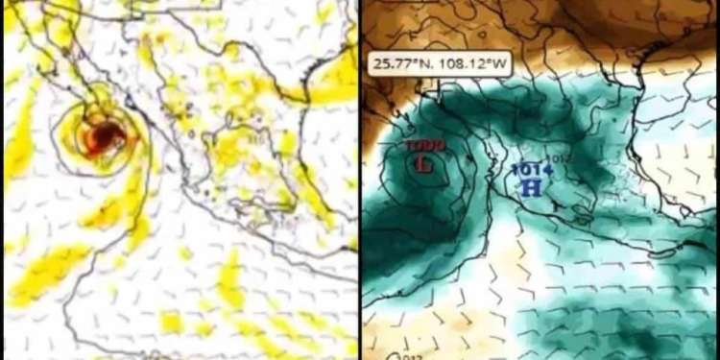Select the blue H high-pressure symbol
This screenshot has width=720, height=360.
point(527,186)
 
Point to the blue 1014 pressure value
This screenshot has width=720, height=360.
point(527,170)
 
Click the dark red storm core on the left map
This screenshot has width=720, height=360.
point(99,140)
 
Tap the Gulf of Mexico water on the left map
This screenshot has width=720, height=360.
point(317,144)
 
